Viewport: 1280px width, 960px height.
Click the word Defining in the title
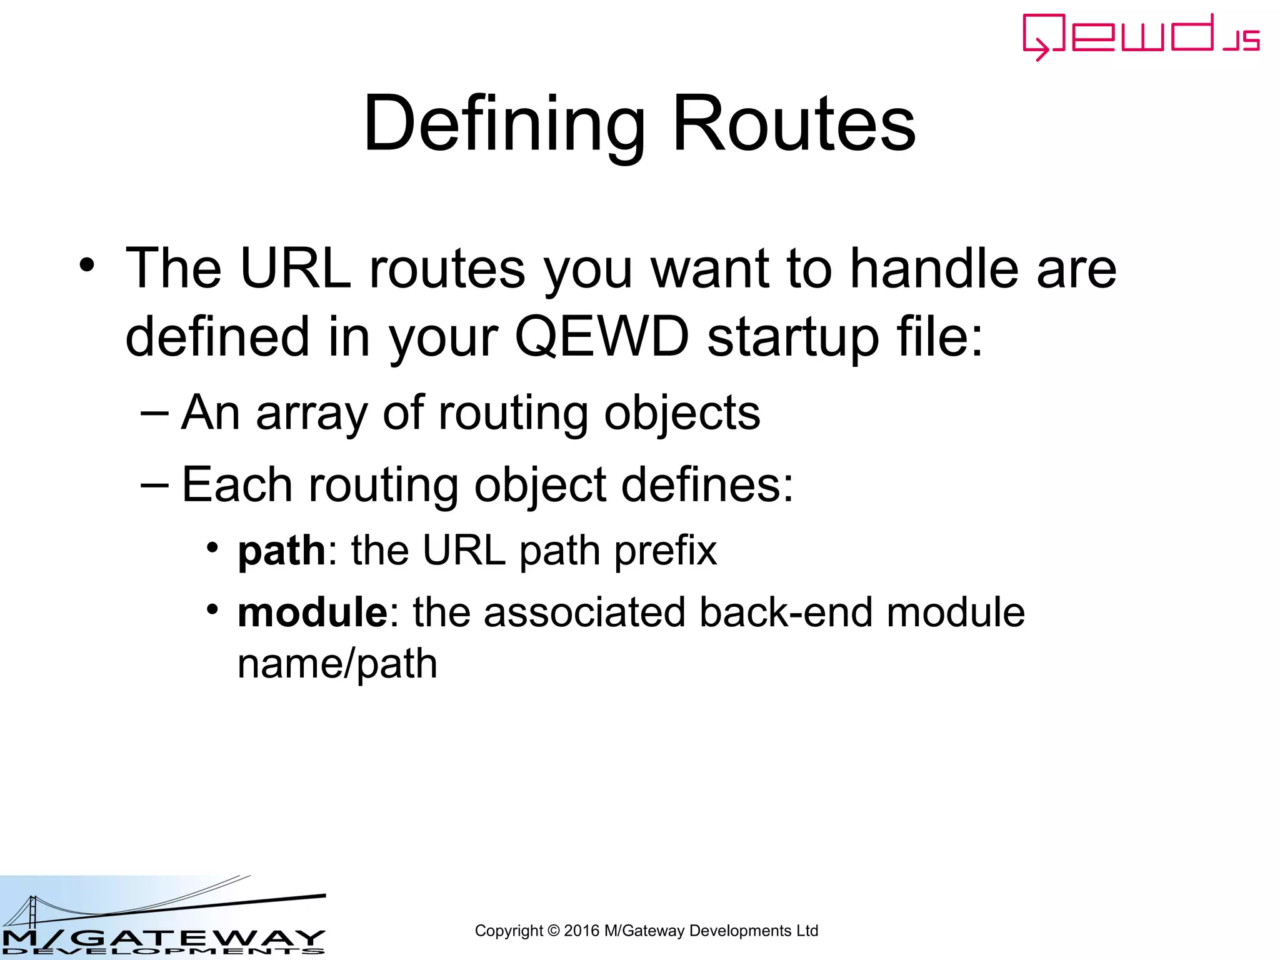[x=503, y=123]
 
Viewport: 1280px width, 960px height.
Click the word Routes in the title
[x=793, y=123]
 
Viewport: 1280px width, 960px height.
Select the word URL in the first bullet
[x=295, y=269]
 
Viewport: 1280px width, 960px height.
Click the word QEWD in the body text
[x=601, y=337]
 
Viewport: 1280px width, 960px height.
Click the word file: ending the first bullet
[x=939, y=337]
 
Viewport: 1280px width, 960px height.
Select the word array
[x=311, y=414]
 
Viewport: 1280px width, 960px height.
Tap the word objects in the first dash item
[x=682, y=414]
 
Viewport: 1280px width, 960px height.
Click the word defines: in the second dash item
[x=707, y=485]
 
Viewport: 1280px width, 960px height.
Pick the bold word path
[x=281, y=551]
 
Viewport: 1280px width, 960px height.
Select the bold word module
[x=312, y=612]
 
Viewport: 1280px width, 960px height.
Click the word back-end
[x=786, y=612]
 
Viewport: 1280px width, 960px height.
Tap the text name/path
[x=337, y=664]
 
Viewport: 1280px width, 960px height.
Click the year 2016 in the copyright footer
[x=581, y=931]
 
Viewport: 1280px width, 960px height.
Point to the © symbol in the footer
[x=553, y=931]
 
